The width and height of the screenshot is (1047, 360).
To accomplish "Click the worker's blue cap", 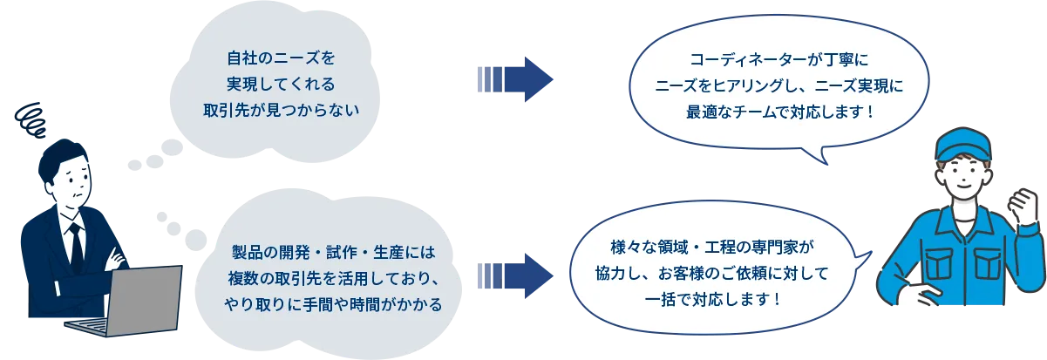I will click(962, 144).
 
